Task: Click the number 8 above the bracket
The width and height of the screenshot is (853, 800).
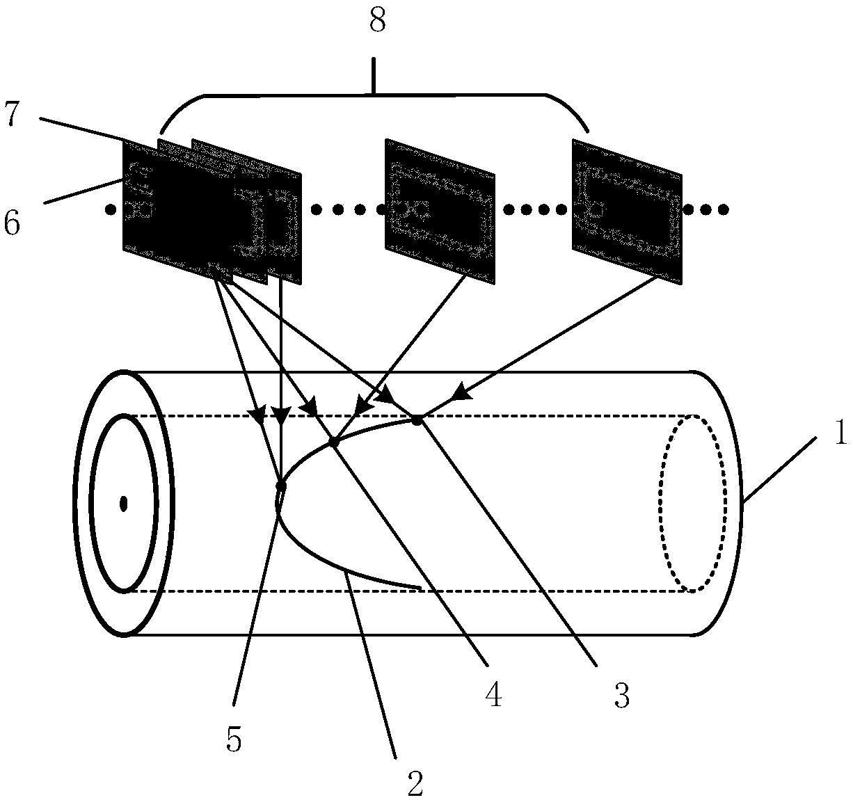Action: pyautogui.click(x=376, y=22)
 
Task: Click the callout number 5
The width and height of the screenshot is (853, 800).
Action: pyautogui.click(x=234, y=742)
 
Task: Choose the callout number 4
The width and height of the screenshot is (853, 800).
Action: pyautogui.click(x=493, y=695)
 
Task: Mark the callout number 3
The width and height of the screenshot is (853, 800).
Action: pyautogui.click(x=621, y=695)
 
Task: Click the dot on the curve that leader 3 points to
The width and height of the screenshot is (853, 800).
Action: pyautogui.click(x=417, y=419)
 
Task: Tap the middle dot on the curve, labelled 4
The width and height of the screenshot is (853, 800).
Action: pyautogui.click(x=334, y=442)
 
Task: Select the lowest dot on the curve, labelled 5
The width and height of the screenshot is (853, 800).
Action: pyautogui.click(x=281, y=486)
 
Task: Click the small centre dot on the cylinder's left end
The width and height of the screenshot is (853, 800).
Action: pyautogui.click(x=124, y=503)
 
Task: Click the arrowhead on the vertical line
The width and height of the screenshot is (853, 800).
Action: pyautogui.click(x=280, y=417)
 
